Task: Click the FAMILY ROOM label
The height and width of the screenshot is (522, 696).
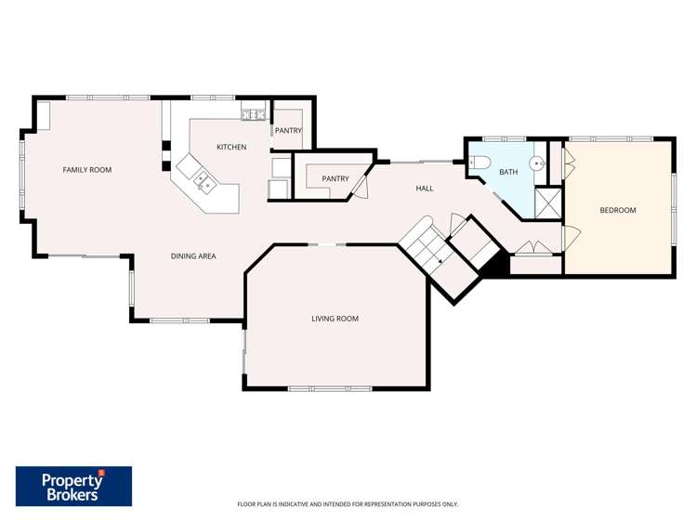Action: (x=86, y=170)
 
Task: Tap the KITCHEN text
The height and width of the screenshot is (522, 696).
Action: (x=231, y=148)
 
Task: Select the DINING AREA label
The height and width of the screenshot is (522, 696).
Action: (x=193, y=255)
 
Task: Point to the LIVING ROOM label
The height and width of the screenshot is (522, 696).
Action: (x=335, y=319)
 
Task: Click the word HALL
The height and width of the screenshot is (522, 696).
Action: (x=425, y=189)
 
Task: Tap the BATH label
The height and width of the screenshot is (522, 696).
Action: (x=508, y=172)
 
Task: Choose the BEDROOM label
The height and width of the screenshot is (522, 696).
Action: (x=617, y=210)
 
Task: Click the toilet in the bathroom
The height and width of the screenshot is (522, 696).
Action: (x=477, y=163)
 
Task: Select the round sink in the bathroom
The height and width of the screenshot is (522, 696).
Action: (x=537, y=163)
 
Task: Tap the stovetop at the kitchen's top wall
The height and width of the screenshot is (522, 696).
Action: (x=253, y=115)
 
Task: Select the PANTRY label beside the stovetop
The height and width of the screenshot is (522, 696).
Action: (x=288, y=131)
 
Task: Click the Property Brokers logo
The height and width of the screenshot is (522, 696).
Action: (x=73, y=486)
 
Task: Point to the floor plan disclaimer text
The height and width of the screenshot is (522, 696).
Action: (x=348, y=504)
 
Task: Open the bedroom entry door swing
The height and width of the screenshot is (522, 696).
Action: (x=571, y=236)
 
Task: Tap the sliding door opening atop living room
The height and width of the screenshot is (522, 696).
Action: (x=327, y=244)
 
